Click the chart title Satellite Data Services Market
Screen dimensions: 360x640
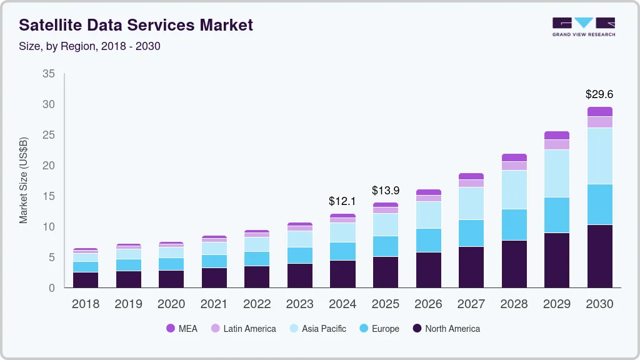pyautogui.click(x=136, y=25)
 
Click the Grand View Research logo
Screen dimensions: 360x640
pyautogui.click(x=583, y=27)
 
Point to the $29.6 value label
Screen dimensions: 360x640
pyautogui.click(x=599, y=94)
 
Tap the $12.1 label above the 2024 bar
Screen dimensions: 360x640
pyautogui.click(x=342, y=201)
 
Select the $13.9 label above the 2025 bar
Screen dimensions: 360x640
pyautogui.click(x=385, y=190)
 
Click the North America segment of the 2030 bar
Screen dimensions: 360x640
pyautogui.click(x=599, y=256)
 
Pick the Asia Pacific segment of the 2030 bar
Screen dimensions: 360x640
pyautogui.click(x=599, y=156)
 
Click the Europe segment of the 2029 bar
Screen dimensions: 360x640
pyautogui.click(x=556, y=215)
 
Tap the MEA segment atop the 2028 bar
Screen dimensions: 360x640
pyautogui.click(x=514, y=157)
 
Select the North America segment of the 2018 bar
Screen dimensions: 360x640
pyautogui.click(x=85, y=280)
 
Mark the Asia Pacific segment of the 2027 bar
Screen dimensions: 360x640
pyautogui.click(x=471, y=203)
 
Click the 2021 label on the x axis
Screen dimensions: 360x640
pyautogui.click(x=214, y=304)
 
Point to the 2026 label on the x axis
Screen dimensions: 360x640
pyautogui.click(x=428, y=304)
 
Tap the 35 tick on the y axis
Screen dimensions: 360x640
pyautogui.click(x=49, y=74)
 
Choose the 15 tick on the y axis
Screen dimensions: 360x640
pyautogui.click(x=49, y=196)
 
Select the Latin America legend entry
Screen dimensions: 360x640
pyautogui.click(x=243, y=329)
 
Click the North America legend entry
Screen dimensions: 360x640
pyautogui.click(x=446, y=329)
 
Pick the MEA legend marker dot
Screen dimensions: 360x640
pyautogui.click(x=170, y=329)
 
